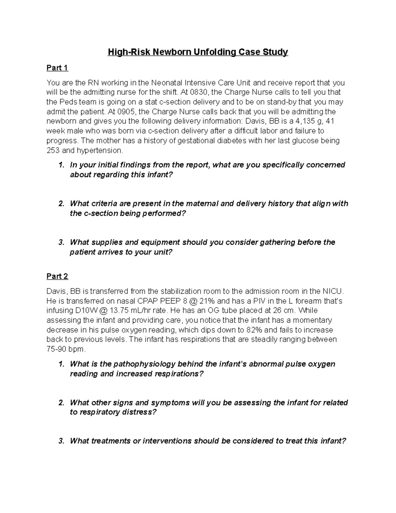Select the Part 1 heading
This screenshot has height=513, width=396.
coord(57,68)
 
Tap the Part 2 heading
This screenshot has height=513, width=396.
coord(57,276)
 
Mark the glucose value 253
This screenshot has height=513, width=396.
coord(53,151)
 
